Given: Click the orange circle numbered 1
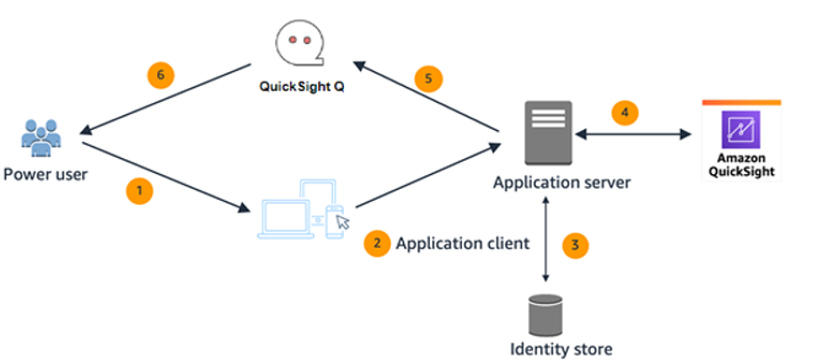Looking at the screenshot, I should pyautogui.click(x=138, y=191).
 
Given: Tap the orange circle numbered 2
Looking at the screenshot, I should pyautogui.click(x=377, y=242).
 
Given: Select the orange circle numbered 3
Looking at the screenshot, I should pyautogui.click(x=575, y=246).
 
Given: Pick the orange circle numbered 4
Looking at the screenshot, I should pyautogui.click(x=625, y=113).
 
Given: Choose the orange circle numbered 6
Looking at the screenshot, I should pyautogui.click(x=162, y=73).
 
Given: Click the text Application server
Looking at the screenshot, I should pyautogui.click(x=561, y=181).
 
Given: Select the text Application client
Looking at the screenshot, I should pyautogui.click(x=462, y=243).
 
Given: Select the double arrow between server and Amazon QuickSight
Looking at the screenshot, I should pyautogui.click(x=634, y=135).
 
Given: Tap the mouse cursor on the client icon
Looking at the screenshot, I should pyautogui.click(x=343, y=222).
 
